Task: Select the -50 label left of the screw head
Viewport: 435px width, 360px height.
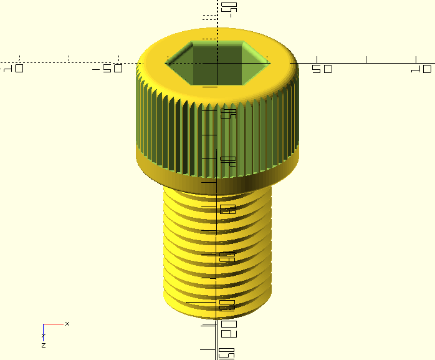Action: click(x=107, y=69)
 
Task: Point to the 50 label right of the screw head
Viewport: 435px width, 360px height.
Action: click(x=322, y=69)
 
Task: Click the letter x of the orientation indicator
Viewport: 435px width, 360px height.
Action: click(x=67, y=323)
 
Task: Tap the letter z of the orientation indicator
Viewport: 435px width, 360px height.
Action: click(x=44, y=344)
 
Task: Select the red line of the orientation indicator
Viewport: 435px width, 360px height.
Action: click(x=54, y=324)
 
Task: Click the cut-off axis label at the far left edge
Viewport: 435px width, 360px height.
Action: click(x=14, y=69)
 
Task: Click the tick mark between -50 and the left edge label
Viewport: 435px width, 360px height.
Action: click(x=69, y=60)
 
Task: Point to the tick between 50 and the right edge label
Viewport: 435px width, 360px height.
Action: click(x=366, y=60)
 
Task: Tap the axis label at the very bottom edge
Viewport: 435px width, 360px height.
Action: click(x=228, y=353)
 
